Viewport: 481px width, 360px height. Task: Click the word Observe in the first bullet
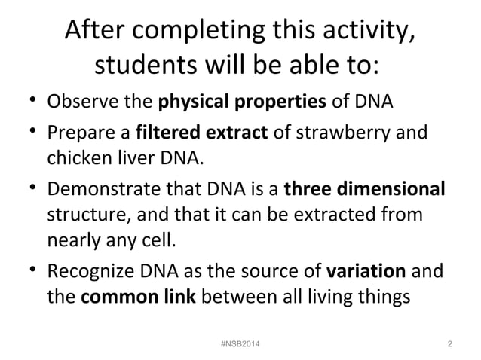point(78,102)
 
